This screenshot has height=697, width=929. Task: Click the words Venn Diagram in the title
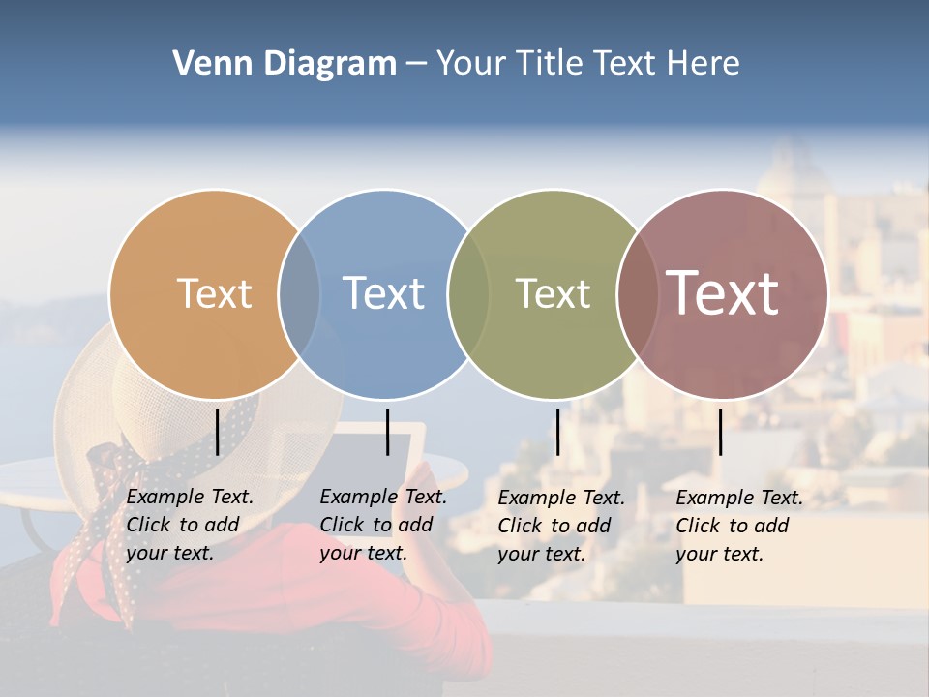(284, 64)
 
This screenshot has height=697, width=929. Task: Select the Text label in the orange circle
(214, 293)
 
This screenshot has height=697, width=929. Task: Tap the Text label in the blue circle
(384, 293)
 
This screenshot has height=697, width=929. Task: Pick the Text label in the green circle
(553, 293)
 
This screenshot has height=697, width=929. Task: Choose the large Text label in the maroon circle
(723, 292)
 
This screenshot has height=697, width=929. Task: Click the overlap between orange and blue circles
(299, 293)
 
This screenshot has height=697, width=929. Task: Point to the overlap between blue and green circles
(468, 293)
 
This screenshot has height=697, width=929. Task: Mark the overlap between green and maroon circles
(637, 293)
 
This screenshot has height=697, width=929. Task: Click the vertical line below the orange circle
(217, 432)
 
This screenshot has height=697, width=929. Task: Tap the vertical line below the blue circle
(387, 432)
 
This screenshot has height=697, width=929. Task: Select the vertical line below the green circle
(557, 432)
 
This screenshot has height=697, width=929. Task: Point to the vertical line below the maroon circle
(720, 432)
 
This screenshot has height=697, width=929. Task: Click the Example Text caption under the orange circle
(189, 525)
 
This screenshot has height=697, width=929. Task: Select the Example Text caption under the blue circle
(382, 525)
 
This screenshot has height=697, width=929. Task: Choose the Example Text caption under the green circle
(560, 526)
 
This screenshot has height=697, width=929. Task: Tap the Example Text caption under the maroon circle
(738, 526)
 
